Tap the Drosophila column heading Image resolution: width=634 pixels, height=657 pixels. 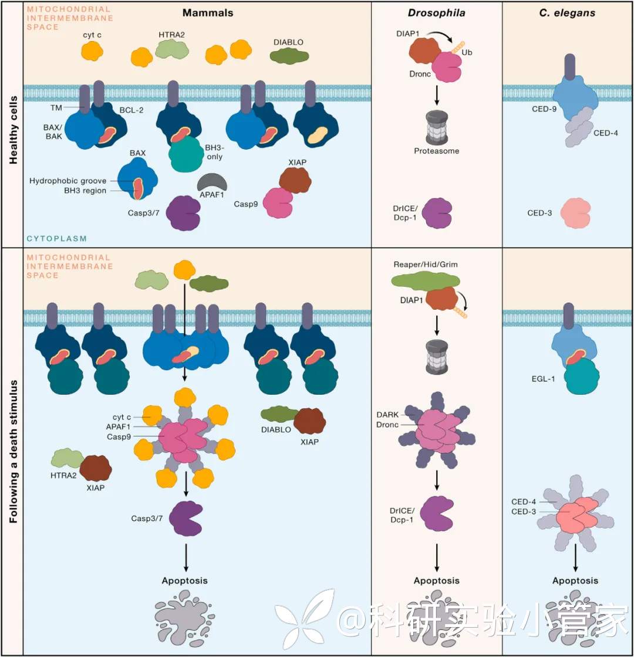tap(437, 12)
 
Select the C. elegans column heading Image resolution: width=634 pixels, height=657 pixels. tap(567, 12)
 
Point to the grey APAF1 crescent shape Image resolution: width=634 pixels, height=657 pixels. tap(211, 182)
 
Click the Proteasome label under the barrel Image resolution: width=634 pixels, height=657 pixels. tap(436, 151)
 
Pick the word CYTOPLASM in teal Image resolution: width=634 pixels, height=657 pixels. tap(57, 239)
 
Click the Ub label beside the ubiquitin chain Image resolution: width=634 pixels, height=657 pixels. tap(467, 52)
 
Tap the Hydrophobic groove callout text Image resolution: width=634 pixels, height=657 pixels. tap(68, 181)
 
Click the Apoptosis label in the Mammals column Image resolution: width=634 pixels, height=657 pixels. tap(186, 581)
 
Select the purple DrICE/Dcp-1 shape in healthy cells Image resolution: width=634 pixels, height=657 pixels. tap(437, 212)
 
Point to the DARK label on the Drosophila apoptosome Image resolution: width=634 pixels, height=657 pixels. tap(387, 415)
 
